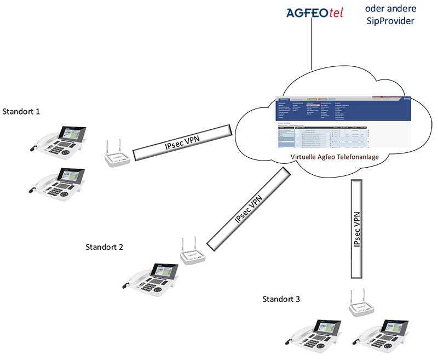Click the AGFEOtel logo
click(x=315, y=13)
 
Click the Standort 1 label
click(x=21, y=112)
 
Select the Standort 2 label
click(x=105, y=247)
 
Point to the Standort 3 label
click(x=281, y=299)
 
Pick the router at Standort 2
click(x=192, y=253)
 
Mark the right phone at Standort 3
click(x=384, y=338)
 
